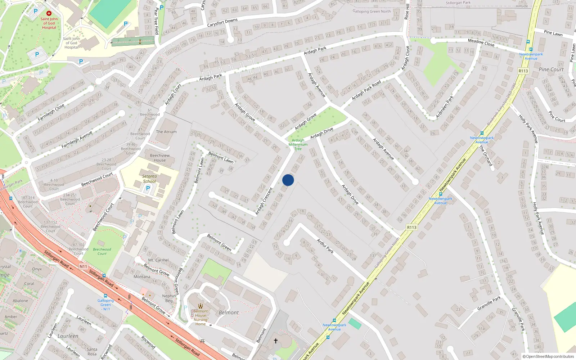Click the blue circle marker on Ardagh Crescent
click(x=288, y=180)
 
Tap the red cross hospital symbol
click(x=49, y=13)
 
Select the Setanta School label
click(x=149, y=179)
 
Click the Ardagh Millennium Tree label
click(x=298, y=144)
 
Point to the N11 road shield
click(x=83, y=266)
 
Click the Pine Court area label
click(x=551, y=69)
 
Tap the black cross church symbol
click(x=276, y=341)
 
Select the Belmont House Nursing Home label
click(x=201, y=318)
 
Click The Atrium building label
click(x=166, y=132)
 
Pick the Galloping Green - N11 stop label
click(x=105, y=305)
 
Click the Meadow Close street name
click(x=481, y=42)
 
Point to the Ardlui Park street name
click(x=325, y=246)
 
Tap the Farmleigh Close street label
click(x=51, y=112)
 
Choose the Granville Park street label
click(x=489, y=303)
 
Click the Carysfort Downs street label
click(x=222, y=23)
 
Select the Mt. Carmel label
click(x=158, y=260)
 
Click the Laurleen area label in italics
click(x=68, y=336)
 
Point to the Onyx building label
click(x=37, y=269)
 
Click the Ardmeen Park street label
click(x=445, y=107)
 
